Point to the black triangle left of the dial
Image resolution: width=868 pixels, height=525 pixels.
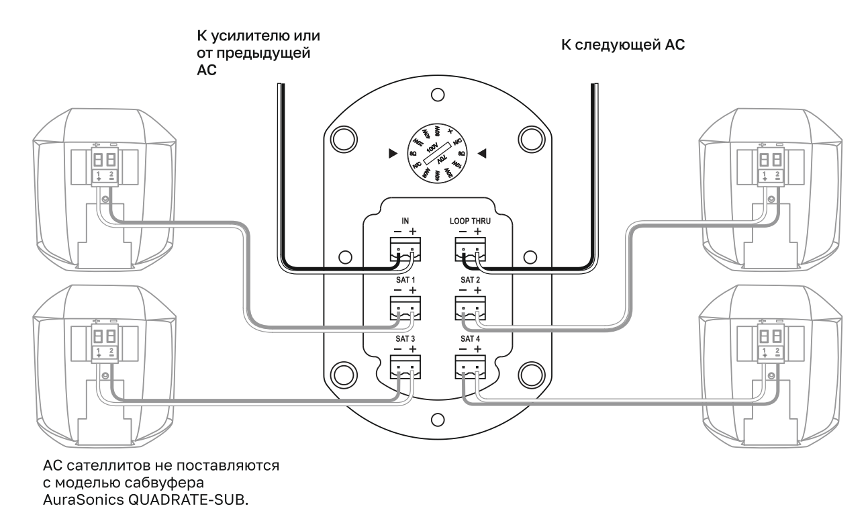(x=393, y=154)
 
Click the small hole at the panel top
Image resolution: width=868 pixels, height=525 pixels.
(x=436, y=94)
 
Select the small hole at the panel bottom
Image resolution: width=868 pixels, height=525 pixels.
(x=436, y=420)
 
